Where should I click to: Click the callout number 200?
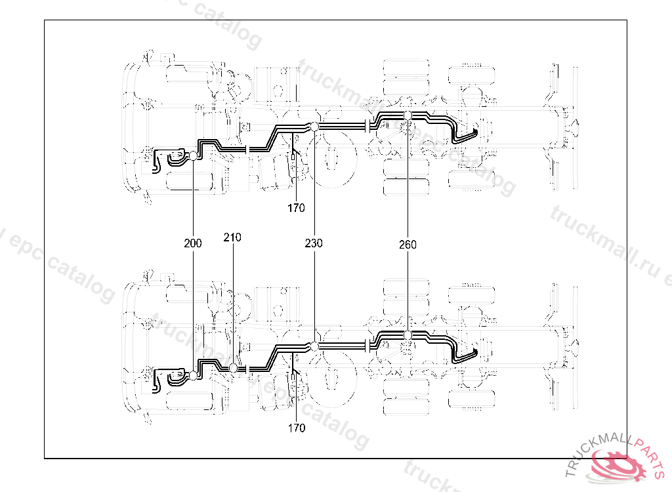click(x=193, y=243)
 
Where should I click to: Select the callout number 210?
click(x=232, y=237)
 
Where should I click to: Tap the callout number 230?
click(x=314, y=243)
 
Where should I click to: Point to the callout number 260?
click(x=407, y=245)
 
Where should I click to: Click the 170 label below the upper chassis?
click(x=296, y=209)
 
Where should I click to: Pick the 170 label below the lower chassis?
click(x=297, y=428)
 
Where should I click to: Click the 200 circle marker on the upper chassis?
click(x=194, y=155)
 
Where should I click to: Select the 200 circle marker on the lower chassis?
click(x=194, y=375)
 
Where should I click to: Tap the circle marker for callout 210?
click(x=233, y=368)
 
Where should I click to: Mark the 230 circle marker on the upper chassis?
click(x=314, y=126)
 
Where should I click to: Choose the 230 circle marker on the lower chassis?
click(x=314, y=346)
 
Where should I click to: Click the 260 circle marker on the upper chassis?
click(x=408, y=115)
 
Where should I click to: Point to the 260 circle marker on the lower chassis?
click(x=408, y=335)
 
